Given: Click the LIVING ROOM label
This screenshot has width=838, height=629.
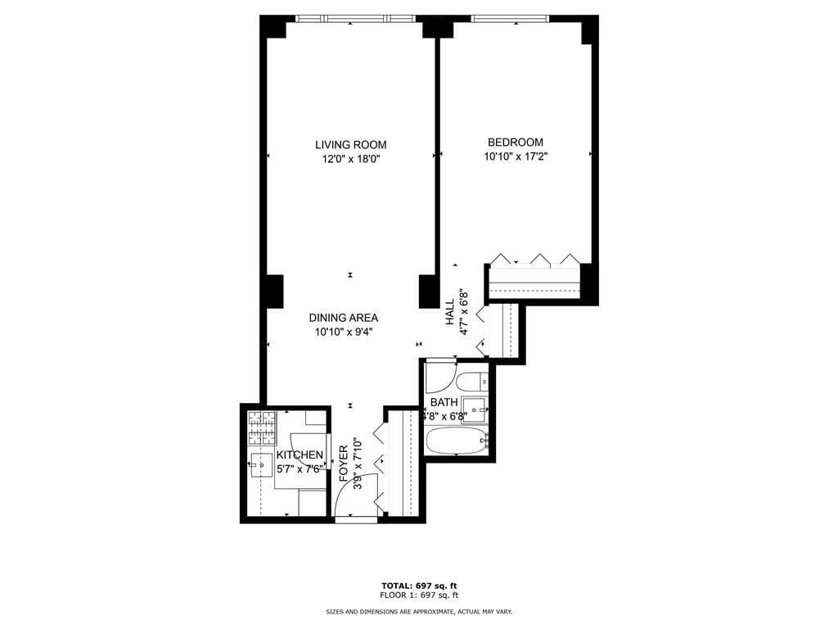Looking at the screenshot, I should (350, 145).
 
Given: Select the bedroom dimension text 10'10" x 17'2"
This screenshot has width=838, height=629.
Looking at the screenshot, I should (515, 156).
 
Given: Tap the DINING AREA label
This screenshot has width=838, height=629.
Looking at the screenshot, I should (343, 318).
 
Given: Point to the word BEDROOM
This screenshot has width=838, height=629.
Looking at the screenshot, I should (515, 142).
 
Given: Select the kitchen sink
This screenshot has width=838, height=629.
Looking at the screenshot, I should (261, 464).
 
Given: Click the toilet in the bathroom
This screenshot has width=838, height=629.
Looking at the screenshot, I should (472, 381).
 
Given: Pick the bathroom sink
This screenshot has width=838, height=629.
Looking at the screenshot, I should (474, 407).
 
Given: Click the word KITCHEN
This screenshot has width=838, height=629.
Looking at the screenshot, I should (300, 455).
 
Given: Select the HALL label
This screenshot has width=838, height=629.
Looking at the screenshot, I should (450, 312).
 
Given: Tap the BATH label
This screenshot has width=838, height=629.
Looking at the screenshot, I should (444, 402).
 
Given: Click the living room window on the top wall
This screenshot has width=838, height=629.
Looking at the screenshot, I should (354, 19).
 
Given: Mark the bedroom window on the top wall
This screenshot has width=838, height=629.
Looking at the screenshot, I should (509, 19).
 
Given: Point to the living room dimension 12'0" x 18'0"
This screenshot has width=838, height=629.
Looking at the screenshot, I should (350, 160).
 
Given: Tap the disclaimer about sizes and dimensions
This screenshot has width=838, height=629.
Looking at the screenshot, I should (419, 612).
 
